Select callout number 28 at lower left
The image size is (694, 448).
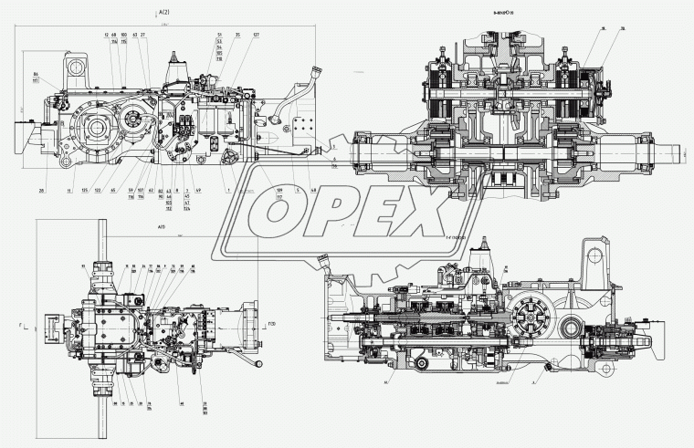[x=42, y=190]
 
